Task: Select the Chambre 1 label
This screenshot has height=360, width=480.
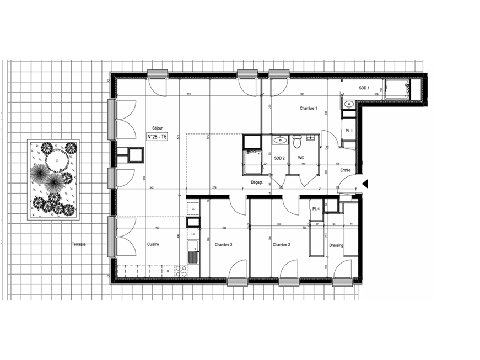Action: point(309,108)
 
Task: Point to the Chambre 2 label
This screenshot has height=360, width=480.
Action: point(281,245)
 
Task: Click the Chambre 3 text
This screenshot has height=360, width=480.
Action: point(223,245)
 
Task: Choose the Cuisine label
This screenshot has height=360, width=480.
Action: point(153,245)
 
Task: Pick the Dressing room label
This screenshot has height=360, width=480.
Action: point(336,246)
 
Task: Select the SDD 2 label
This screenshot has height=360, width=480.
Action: point(279,158)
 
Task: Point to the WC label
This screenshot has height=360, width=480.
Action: point(301,158)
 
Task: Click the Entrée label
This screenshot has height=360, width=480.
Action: point(345,170)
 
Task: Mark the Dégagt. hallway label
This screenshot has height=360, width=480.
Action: point(257,181)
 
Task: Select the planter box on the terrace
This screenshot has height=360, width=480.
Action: point(53,179)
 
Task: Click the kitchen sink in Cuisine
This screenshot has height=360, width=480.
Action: point(192,256)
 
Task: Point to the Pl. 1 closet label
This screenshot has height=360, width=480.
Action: point(349,131)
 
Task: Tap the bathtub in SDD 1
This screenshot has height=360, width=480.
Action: point(397,89)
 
